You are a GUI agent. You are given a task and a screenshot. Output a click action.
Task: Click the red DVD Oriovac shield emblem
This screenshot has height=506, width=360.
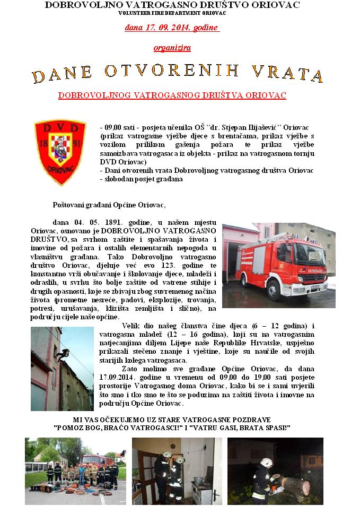click(x=60, y=151)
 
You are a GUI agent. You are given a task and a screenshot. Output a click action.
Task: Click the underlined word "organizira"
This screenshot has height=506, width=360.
click(x=172, y=48)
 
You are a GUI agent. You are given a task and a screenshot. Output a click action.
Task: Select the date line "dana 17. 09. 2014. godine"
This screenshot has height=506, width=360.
click(x=172, y=27)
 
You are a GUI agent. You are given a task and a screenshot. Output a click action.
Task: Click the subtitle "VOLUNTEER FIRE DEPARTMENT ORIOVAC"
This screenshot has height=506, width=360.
click(x=172, y=12)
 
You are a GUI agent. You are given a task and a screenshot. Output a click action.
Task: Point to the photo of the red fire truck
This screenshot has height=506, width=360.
click(x=278, y=265)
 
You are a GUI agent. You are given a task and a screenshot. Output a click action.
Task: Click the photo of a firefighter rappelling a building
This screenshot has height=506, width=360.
click(x=62, y=369)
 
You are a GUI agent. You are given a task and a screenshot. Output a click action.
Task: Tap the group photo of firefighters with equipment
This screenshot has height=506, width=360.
click(x=75, y=470)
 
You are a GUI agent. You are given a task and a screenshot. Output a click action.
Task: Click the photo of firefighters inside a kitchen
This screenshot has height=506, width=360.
click(x=177, y=470)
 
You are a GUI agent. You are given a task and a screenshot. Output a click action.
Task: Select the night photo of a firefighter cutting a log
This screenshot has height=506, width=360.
click(x=275, y=470)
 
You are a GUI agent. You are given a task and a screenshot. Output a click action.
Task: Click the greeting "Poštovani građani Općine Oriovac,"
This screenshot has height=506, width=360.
click(x=109, y=205)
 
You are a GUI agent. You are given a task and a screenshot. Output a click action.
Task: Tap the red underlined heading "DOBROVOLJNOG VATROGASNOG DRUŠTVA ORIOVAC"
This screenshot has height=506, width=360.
click(x=172, y=96)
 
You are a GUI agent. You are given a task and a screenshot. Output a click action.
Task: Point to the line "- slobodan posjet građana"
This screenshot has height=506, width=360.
click(x=141, y=179)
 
